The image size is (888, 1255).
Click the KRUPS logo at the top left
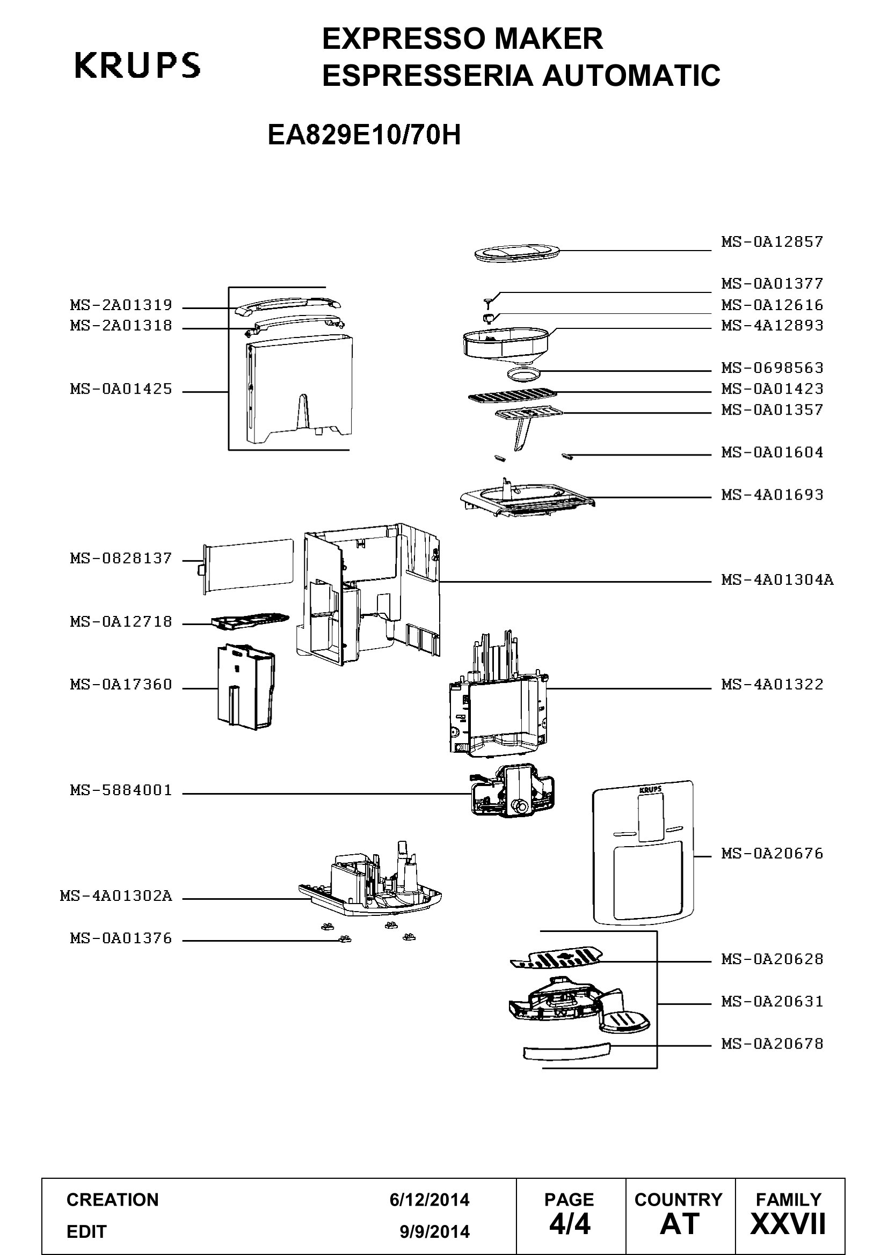(137, 65)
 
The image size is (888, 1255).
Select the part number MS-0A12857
(772, 241)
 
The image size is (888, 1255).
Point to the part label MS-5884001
(121, 790)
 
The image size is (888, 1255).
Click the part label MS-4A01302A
(116, 896)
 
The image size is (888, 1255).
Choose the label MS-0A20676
(772, 853)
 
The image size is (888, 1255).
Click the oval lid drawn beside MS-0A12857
(516, 252)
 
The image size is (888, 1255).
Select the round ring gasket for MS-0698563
(523, 373)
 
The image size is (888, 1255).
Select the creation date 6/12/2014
(430, 1200)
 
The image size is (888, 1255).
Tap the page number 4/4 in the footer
(569, 1224)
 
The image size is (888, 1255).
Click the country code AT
(680, 1224)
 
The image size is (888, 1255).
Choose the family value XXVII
(788, 1224)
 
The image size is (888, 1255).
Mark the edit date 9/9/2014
(435, 1232)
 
